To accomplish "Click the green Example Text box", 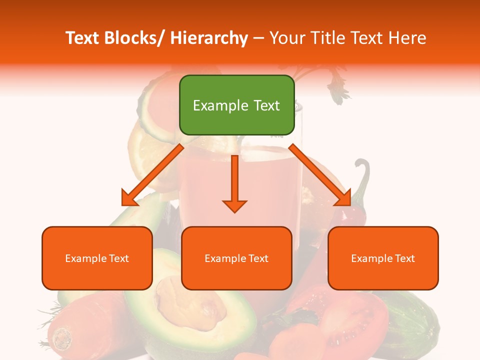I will coord(236,105).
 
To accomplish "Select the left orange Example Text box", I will coord(97,258).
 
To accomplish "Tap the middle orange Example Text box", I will coord(236,258).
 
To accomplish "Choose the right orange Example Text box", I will coord(383,258).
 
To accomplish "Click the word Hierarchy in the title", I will coord(209,38).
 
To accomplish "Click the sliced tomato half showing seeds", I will coord(350,320).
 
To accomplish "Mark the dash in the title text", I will coord(258,38).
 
